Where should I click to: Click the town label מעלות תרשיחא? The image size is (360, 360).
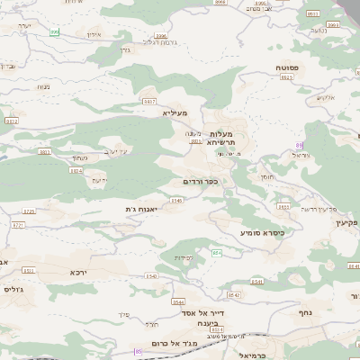click(220, 138)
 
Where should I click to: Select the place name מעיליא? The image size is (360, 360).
click(175, 113)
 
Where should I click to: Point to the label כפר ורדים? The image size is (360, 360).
click(201, 182)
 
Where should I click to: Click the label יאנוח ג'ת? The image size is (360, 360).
click(142, 209)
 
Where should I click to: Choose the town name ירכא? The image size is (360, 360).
click(78, 270)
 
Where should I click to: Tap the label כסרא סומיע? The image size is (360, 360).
click(262, 232)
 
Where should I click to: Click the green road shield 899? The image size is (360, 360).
click(54, 32)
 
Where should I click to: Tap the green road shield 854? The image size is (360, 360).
click(217, 254)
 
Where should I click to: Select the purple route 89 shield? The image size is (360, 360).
click(299, 145)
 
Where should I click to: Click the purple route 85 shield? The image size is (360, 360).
click(138, 352)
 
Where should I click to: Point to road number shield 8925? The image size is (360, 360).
click(287, 78)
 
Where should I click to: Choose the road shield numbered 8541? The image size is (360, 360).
click(257, 282)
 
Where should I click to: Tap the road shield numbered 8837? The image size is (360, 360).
click(149, 102)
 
